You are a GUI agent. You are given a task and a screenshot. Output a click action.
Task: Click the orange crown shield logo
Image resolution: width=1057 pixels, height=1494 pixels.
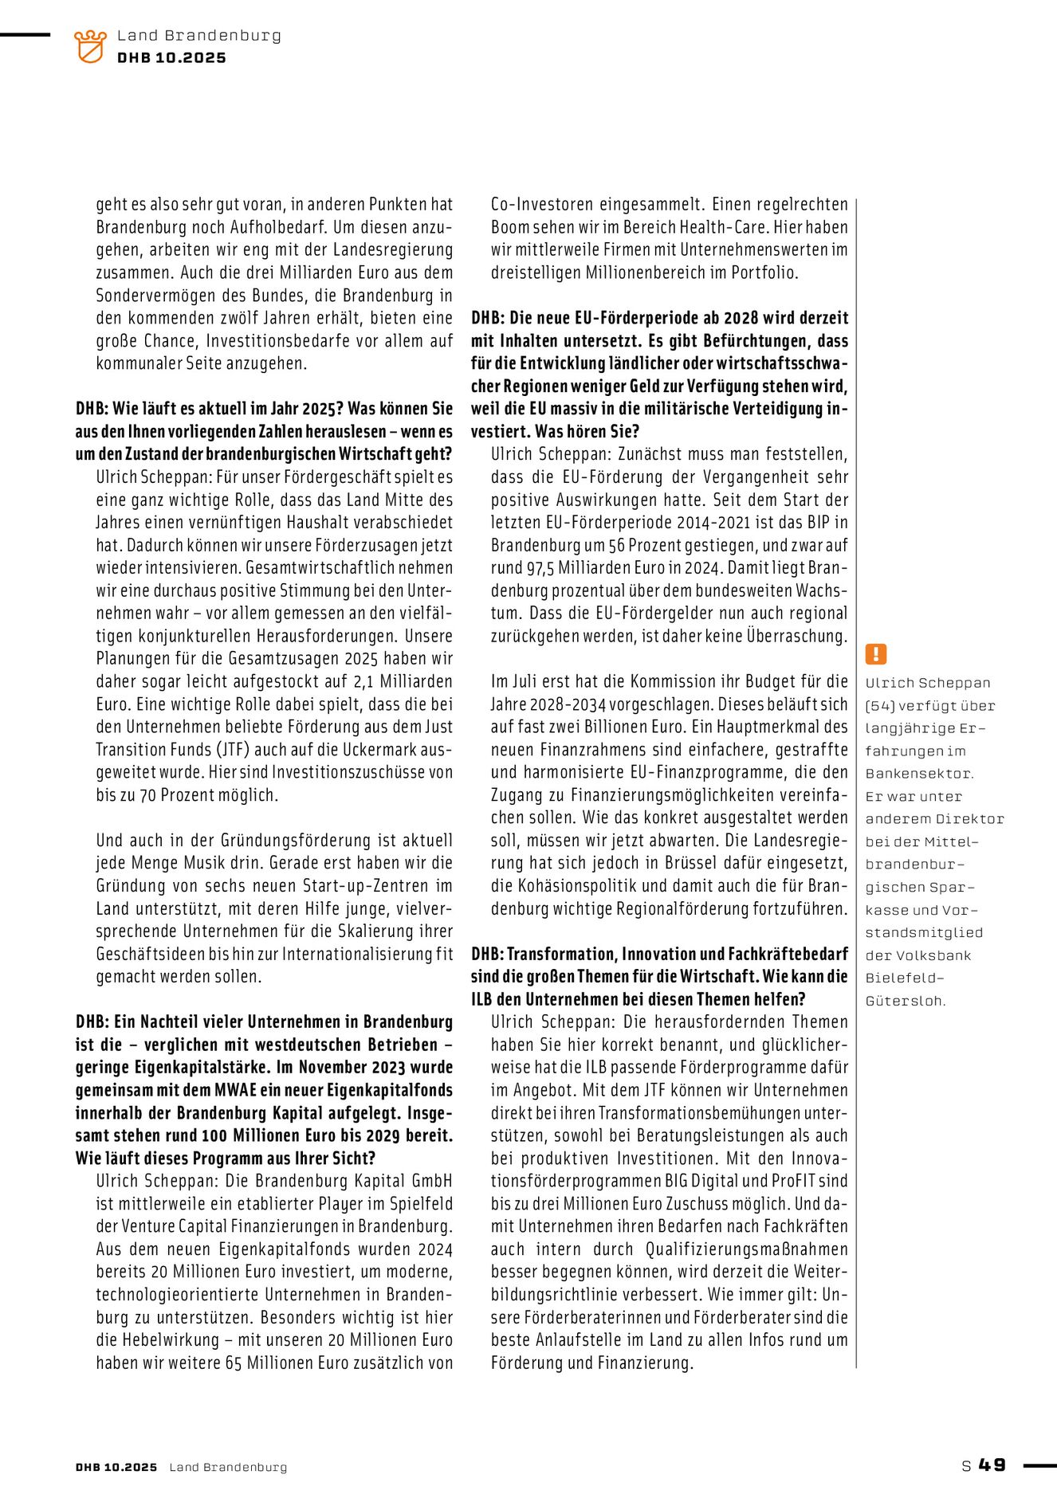point(89,46)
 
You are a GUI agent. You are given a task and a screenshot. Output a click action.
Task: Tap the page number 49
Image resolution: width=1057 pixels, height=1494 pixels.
point(992,1465)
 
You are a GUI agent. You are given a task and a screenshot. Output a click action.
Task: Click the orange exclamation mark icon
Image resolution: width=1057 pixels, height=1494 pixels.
point(875,654)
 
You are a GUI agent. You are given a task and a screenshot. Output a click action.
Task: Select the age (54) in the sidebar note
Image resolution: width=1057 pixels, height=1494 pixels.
point(880,706)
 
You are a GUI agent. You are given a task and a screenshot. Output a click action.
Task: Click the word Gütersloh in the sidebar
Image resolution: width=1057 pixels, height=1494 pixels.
point(905,1001)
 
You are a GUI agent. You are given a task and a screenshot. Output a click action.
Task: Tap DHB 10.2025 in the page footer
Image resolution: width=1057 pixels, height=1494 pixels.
point(116,1467)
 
